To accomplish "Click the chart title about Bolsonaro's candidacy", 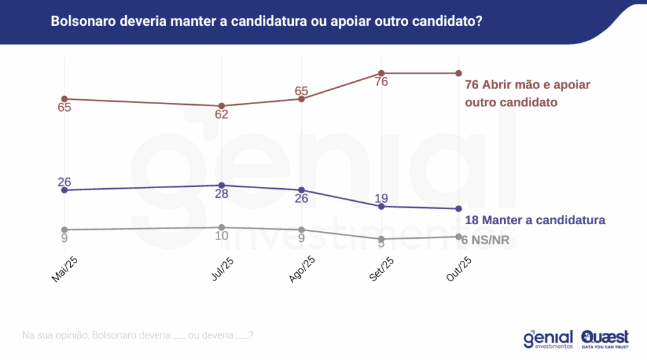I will point(266,21).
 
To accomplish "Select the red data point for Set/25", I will point(381,73).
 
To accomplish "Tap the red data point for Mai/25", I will point(64,99).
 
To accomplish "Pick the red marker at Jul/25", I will point(222,106).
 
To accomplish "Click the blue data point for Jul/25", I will point(222,185).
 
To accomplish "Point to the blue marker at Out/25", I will point(458,209).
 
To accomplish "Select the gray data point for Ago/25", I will point(301,229).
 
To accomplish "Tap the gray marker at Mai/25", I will point(64,229).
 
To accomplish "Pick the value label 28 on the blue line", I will point(221,194).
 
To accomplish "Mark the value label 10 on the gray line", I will point(221,236).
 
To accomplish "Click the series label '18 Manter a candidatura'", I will point(535,220).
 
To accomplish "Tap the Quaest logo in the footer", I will point(605,340).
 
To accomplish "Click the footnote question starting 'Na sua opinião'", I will point(138,335).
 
